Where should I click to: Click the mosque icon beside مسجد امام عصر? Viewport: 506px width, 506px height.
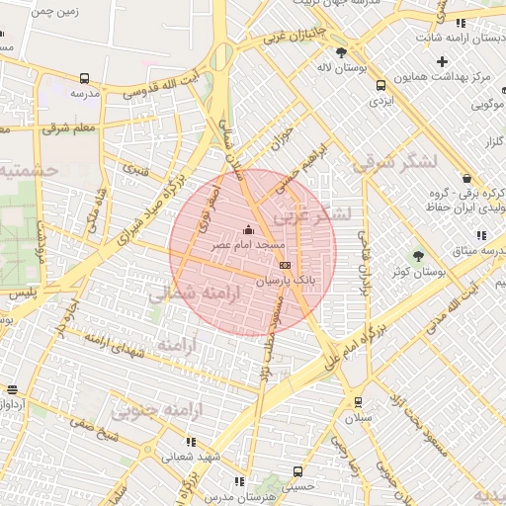click(247, 231)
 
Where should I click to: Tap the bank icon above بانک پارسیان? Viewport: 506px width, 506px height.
click(286, 265)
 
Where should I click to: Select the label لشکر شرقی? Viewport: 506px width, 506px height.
click(401, 164)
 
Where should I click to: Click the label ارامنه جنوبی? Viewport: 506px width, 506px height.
click(152, 409)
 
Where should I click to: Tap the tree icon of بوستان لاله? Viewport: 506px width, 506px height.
click(341, 52)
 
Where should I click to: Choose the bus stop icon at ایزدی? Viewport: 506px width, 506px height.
click(379, 86)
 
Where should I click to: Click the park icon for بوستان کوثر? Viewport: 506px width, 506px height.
click(417, 256)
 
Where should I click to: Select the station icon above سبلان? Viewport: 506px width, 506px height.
click(356, 402)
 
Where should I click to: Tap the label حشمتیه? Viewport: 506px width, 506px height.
click(30, 171)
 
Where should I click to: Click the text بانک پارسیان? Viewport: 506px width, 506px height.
click(288, 281)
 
